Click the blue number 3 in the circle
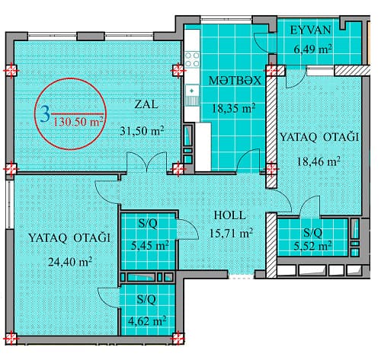click(46, 114)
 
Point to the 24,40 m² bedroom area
click(67, 261)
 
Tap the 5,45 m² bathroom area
click(148, 246)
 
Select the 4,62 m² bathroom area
click(148, 319)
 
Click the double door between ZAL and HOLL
click(149, 161)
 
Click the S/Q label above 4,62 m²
click(148, 301)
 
